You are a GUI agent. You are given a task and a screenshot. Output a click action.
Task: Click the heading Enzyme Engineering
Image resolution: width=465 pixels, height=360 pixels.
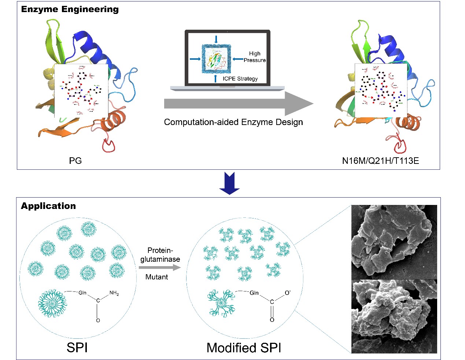(x=70, y=10)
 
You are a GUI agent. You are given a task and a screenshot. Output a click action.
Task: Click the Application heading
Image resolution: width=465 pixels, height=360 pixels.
(x=48, y=206)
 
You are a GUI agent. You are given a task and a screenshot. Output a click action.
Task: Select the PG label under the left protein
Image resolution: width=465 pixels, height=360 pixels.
(x=75, y=161)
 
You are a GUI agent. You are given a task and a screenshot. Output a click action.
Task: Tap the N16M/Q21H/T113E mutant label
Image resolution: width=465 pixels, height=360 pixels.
(x=380, y=161)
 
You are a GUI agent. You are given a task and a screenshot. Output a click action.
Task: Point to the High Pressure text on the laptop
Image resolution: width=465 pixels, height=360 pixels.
(x=255, y=57)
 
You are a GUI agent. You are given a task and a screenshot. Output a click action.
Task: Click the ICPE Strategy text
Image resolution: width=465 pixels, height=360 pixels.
(x=240, y=78)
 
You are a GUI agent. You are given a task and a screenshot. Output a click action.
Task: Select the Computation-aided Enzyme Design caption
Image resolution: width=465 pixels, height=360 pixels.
(x=233, y=122)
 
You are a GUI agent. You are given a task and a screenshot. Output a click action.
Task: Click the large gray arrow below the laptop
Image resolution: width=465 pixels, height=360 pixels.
(x=238, y=104)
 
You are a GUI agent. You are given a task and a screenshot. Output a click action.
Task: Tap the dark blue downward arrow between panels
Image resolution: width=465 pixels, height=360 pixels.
(x=229, y=183)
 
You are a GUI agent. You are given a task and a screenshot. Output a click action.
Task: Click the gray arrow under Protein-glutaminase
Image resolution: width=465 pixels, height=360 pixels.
(x=160, y=268)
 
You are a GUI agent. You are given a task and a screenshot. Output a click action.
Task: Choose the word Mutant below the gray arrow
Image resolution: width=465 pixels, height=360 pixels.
(x=156, y=277)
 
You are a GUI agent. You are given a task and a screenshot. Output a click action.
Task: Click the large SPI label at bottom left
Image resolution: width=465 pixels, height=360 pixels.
(x=77, y=347)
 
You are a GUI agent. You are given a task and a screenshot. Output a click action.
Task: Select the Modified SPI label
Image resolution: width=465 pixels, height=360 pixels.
(x=244, y=348)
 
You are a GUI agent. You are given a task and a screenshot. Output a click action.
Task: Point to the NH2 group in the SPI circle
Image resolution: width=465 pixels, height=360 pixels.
(x=114, y=293)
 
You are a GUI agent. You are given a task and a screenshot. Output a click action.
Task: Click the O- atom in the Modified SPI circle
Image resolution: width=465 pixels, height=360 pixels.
(x=288, y=293)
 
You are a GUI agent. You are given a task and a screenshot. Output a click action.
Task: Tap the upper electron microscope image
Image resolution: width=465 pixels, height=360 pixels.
(x=394, y=242)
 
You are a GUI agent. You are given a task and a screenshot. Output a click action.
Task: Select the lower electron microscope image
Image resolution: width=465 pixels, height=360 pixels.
(x=394, y=316)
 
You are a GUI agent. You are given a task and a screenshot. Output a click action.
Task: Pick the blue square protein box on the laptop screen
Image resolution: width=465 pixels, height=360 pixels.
(x=216, y=59)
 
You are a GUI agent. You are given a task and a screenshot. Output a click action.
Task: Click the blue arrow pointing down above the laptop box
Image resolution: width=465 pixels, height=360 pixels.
(x=216, y=39)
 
